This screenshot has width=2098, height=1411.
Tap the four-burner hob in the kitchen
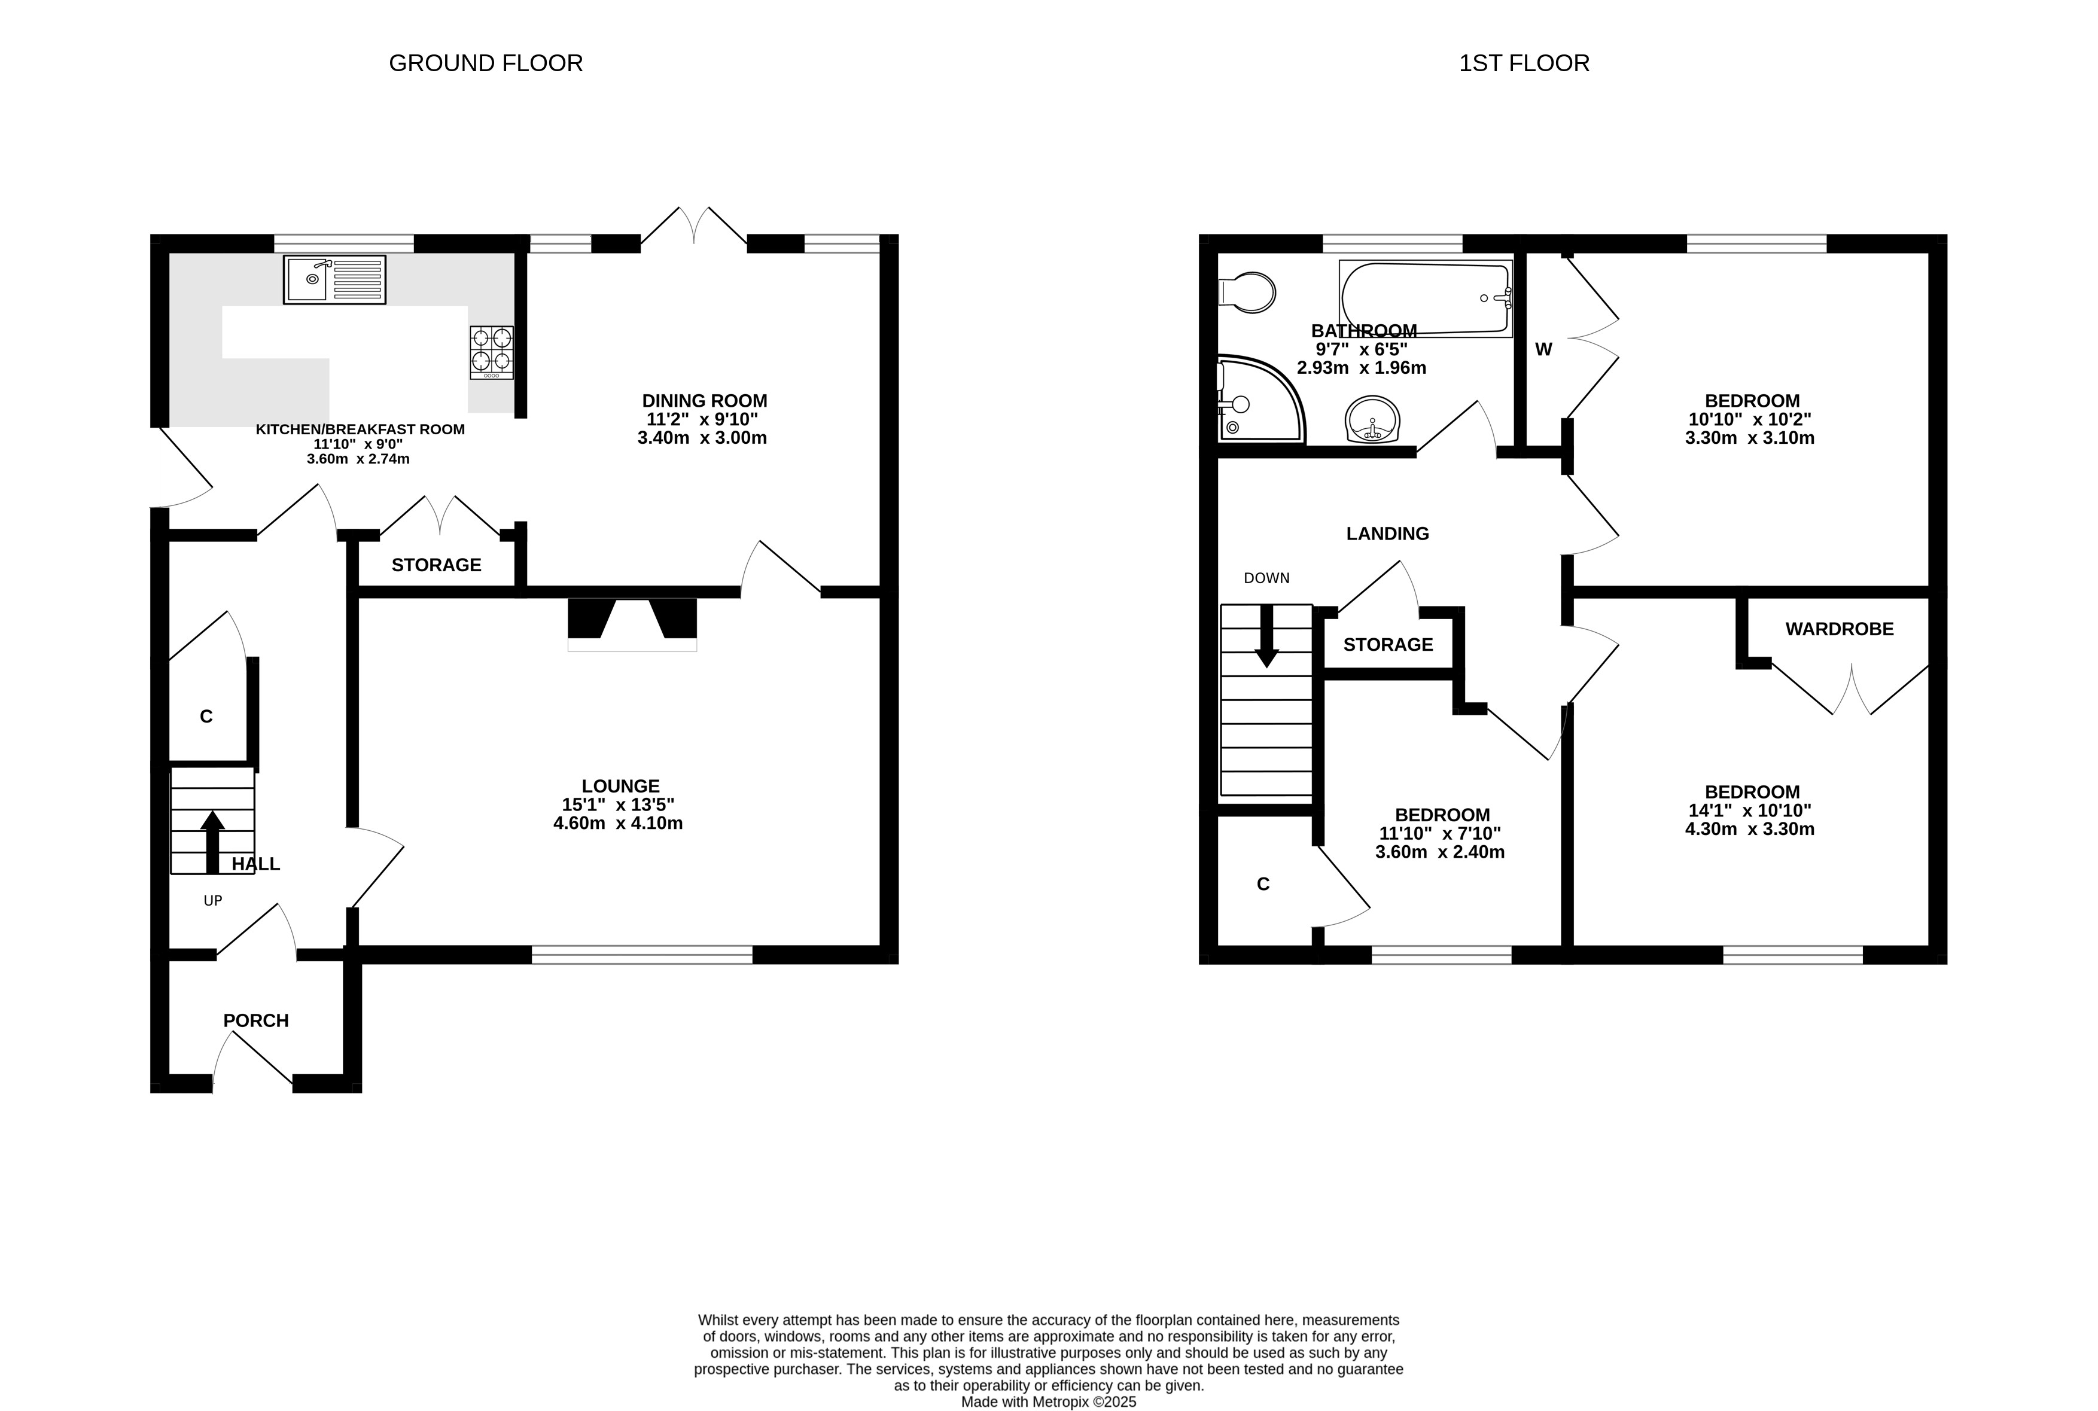tap(491, 352)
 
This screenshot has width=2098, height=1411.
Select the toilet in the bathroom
tap(1247, 292)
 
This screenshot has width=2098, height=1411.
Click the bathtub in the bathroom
tap(1426, 298)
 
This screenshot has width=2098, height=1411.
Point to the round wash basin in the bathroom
tap(1372, 419)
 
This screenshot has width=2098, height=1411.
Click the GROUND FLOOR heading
tap(486, 63)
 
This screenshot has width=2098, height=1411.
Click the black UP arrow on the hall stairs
tap(212, 842)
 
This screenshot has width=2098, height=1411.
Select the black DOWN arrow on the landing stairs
tap(1266, 636)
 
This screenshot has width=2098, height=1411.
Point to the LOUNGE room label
tap(620, 785)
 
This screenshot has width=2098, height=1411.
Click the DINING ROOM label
tap(705, 400)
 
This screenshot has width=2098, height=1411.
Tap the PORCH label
tap(255, 1020)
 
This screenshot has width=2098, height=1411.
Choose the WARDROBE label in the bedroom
tap(1840, 629)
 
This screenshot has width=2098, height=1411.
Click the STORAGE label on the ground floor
tap(437, 565)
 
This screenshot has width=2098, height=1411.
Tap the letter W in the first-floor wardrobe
tap(1543, 350)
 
